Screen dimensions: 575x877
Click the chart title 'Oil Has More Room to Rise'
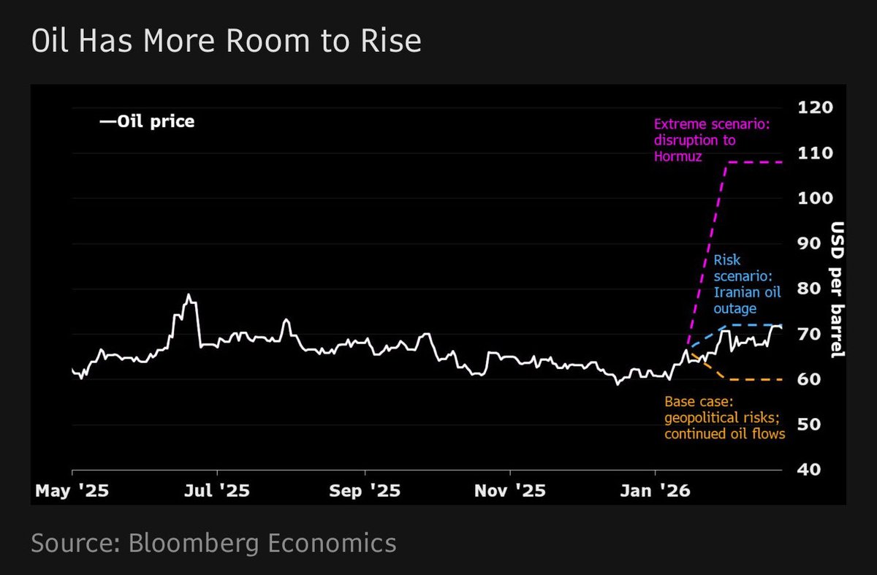[226, 42]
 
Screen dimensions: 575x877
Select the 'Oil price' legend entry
[148, 121]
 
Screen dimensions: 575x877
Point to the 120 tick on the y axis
[816, 108]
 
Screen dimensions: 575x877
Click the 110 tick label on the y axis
[816, 153]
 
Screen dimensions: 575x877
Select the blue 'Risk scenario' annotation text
[745, 283]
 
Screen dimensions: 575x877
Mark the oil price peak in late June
[189, 295]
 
